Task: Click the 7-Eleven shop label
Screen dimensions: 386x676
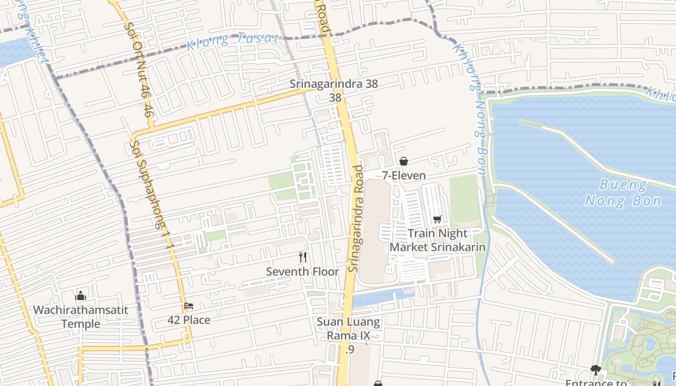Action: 404,176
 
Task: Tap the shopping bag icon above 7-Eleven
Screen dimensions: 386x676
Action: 404,161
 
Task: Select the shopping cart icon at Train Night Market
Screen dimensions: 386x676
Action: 437,220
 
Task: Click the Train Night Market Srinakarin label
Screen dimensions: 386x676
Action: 437,240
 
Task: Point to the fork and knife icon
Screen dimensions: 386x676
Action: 303,257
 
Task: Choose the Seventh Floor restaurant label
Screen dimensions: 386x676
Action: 303,272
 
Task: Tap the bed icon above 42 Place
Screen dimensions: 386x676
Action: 189,306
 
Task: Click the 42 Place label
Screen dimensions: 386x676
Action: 189,320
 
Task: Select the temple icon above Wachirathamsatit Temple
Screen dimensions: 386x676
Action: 81,295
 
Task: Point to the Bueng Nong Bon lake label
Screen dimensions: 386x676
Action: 623,193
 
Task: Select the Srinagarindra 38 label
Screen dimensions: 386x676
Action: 334,84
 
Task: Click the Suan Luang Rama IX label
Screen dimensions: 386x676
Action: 349,329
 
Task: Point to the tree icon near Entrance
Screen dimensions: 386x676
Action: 595,370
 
